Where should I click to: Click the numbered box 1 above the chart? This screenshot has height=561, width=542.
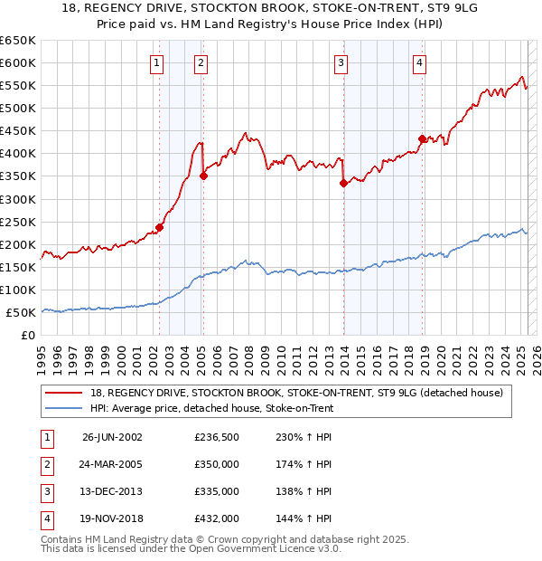tap(157, 62)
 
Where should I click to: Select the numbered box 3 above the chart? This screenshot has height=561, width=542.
tap(341, 62)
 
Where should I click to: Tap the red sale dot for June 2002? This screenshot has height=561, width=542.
tap(159, 227)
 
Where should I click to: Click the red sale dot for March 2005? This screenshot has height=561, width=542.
tap(203, 176)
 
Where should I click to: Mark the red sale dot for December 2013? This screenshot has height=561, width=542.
tap(343, 183)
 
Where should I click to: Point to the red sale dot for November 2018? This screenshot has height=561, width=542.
tap(422, 138)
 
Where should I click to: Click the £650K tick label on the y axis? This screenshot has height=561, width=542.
tap(17, 41)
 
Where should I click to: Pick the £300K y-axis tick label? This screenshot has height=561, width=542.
tap(17, 199)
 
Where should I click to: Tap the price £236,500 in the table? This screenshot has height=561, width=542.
tap(217, 436)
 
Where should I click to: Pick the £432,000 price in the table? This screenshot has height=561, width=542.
tap(217, 519)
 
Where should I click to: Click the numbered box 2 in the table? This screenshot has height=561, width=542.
tap(44, 464)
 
